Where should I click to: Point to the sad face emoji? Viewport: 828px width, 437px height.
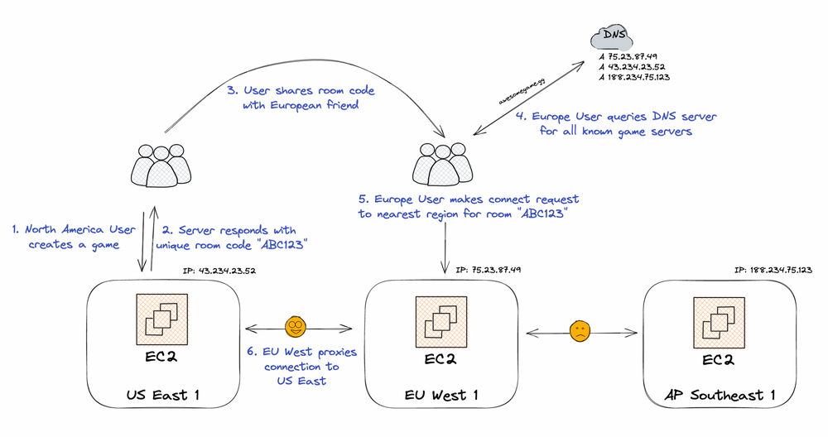[580, 332]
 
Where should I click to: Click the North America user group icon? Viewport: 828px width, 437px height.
[161, 164]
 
